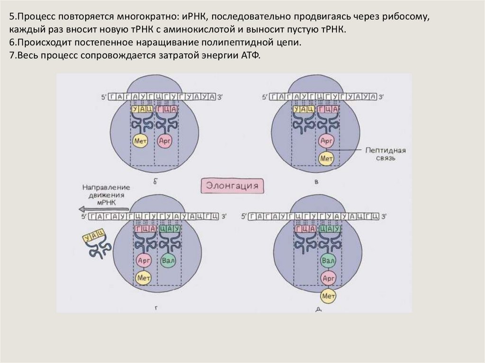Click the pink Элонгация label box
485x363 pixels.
click(232, 185)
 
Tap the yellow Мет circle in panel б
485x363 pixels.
click(140, 141)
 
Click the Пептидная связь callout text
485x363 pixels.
click(386, 154)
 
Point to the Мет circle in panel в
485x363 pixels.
click(326, 158)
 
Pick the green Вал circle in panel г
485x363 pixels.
click(167, 261)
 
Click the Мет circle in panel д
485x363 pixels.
click(328, 296)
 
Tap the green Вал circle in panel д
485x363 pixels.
click(328, 261)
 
